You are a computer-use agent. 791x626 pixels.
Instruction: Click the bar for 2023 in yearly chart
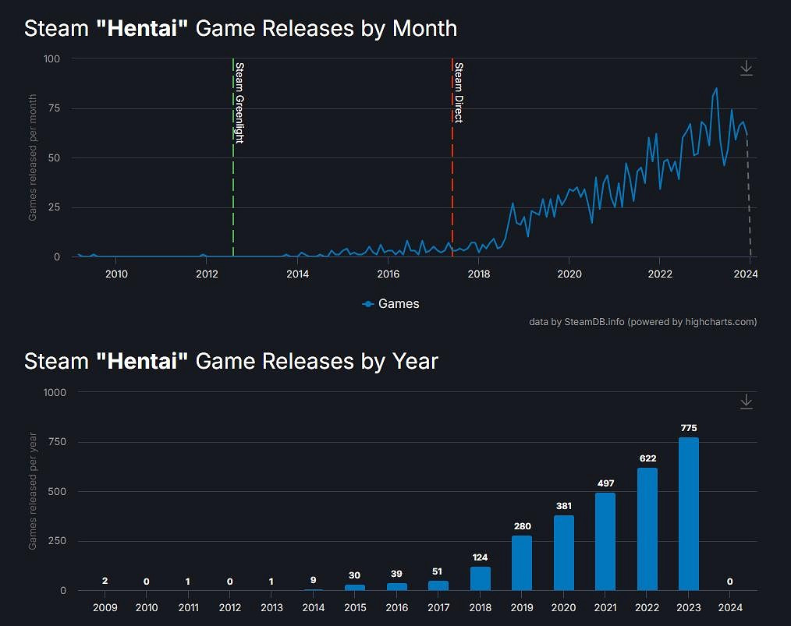[688, 515]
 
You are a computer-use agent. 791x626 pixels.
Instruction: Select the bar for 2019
[522, 563]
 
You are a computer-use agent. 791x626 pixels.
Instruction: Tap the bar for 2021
[605, 542]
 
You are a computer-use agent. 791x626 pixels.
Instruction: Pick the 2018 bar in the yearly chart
[481, 578]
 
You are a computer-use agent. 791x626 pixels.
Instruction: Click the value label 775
[688, 428]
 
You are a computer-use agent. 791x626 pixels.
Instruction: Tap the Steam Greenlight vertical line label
[239, 102]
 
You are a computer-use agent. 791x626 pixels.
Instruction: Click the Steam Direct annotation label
[459, 93]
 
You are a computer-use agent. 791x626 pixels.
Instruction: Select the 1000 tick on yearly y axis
[55, 393]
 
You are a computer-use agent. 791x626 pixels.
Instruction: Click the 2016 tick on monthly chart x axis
[388, 274]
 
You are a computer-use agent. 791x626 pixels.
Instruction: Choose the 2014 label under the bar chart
[314, 607]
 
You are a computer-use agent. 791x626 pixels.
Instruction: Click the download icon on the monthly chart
[746, 69]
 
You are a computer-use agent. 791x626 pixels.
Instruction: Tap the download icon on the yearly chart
[746, 401]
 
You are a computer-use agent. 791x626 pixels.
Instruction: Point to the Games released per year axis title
[33, 492]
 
